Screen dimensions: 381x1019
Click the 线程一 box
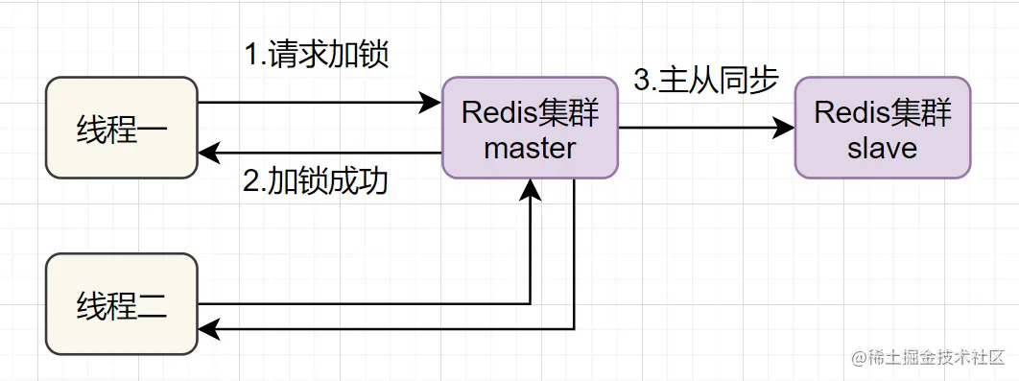[122, 128]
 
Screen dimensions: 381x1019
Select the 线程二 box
[122, 304]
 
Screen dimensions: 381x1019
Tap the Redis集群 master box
[530, 128]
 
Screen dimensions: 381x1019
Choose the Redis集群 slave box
[882, 128]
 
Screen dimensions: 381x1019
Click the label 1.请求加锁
[317, 55]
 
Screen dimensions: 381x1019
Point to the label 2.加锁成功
[316, 182]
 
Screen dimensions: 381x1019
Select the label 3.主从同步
[705, 81]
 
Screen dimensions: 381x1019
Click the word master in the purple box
[530, 148]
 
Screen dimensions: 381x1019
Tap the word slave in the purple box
[882, 148]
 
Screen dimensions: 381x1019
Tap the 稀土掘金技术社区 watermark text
[934, 357]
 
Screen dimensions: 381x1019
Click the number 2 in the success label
[250, 182]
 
